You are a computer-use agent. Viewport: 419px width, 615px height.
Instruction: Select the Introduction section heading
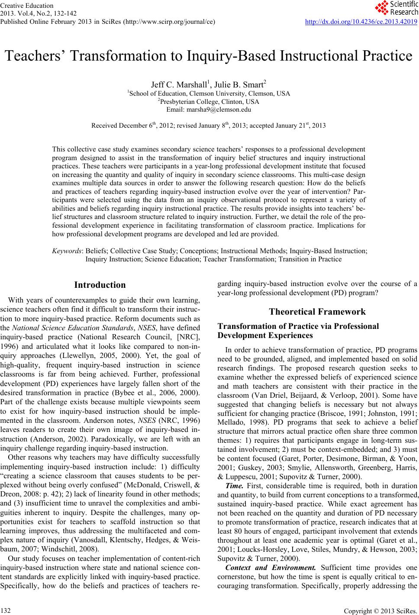click(100, 285)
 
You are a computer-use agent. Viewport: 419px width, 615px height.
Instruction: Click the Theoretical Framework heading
click(317, 312)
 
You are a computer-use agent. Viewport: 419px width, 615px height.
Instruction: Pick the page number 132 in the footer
click(6, 610)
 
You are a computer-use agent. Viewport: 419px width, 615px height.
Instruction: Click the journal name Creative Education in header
click(27, 6)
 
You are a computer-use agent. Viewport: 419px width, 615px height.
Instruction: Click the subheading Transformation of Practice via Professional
click(298, 327)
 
